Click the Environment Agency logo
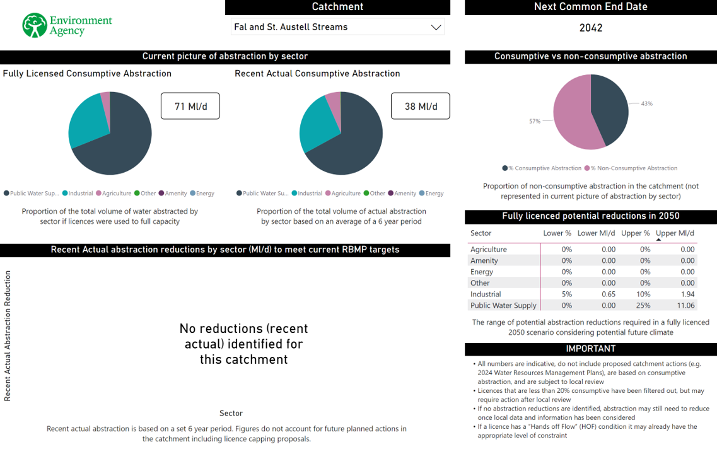(66, 25)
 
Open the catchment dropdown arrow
(435, 27)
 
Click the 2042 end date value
(590, 28)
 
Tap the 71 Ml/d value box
(190, 106)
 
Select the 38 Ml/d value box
(420, 106)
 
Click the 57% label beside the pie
(535, 121)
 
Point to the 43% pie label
(646, 103)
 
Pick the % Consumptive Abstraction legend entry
(542, 168)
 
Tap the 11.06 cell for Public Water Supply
(685, 305)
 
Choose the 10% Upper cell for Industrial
(644, 294)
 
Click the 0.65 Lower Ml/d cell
(608, 294)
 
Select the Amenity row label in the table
(484, 260)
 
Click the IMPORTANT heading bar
(590, 349)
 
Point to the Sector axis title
(231, 413)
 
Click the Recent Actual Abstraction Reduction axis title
(8, 335)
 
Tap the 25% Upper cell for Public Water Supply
(644, 305)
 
